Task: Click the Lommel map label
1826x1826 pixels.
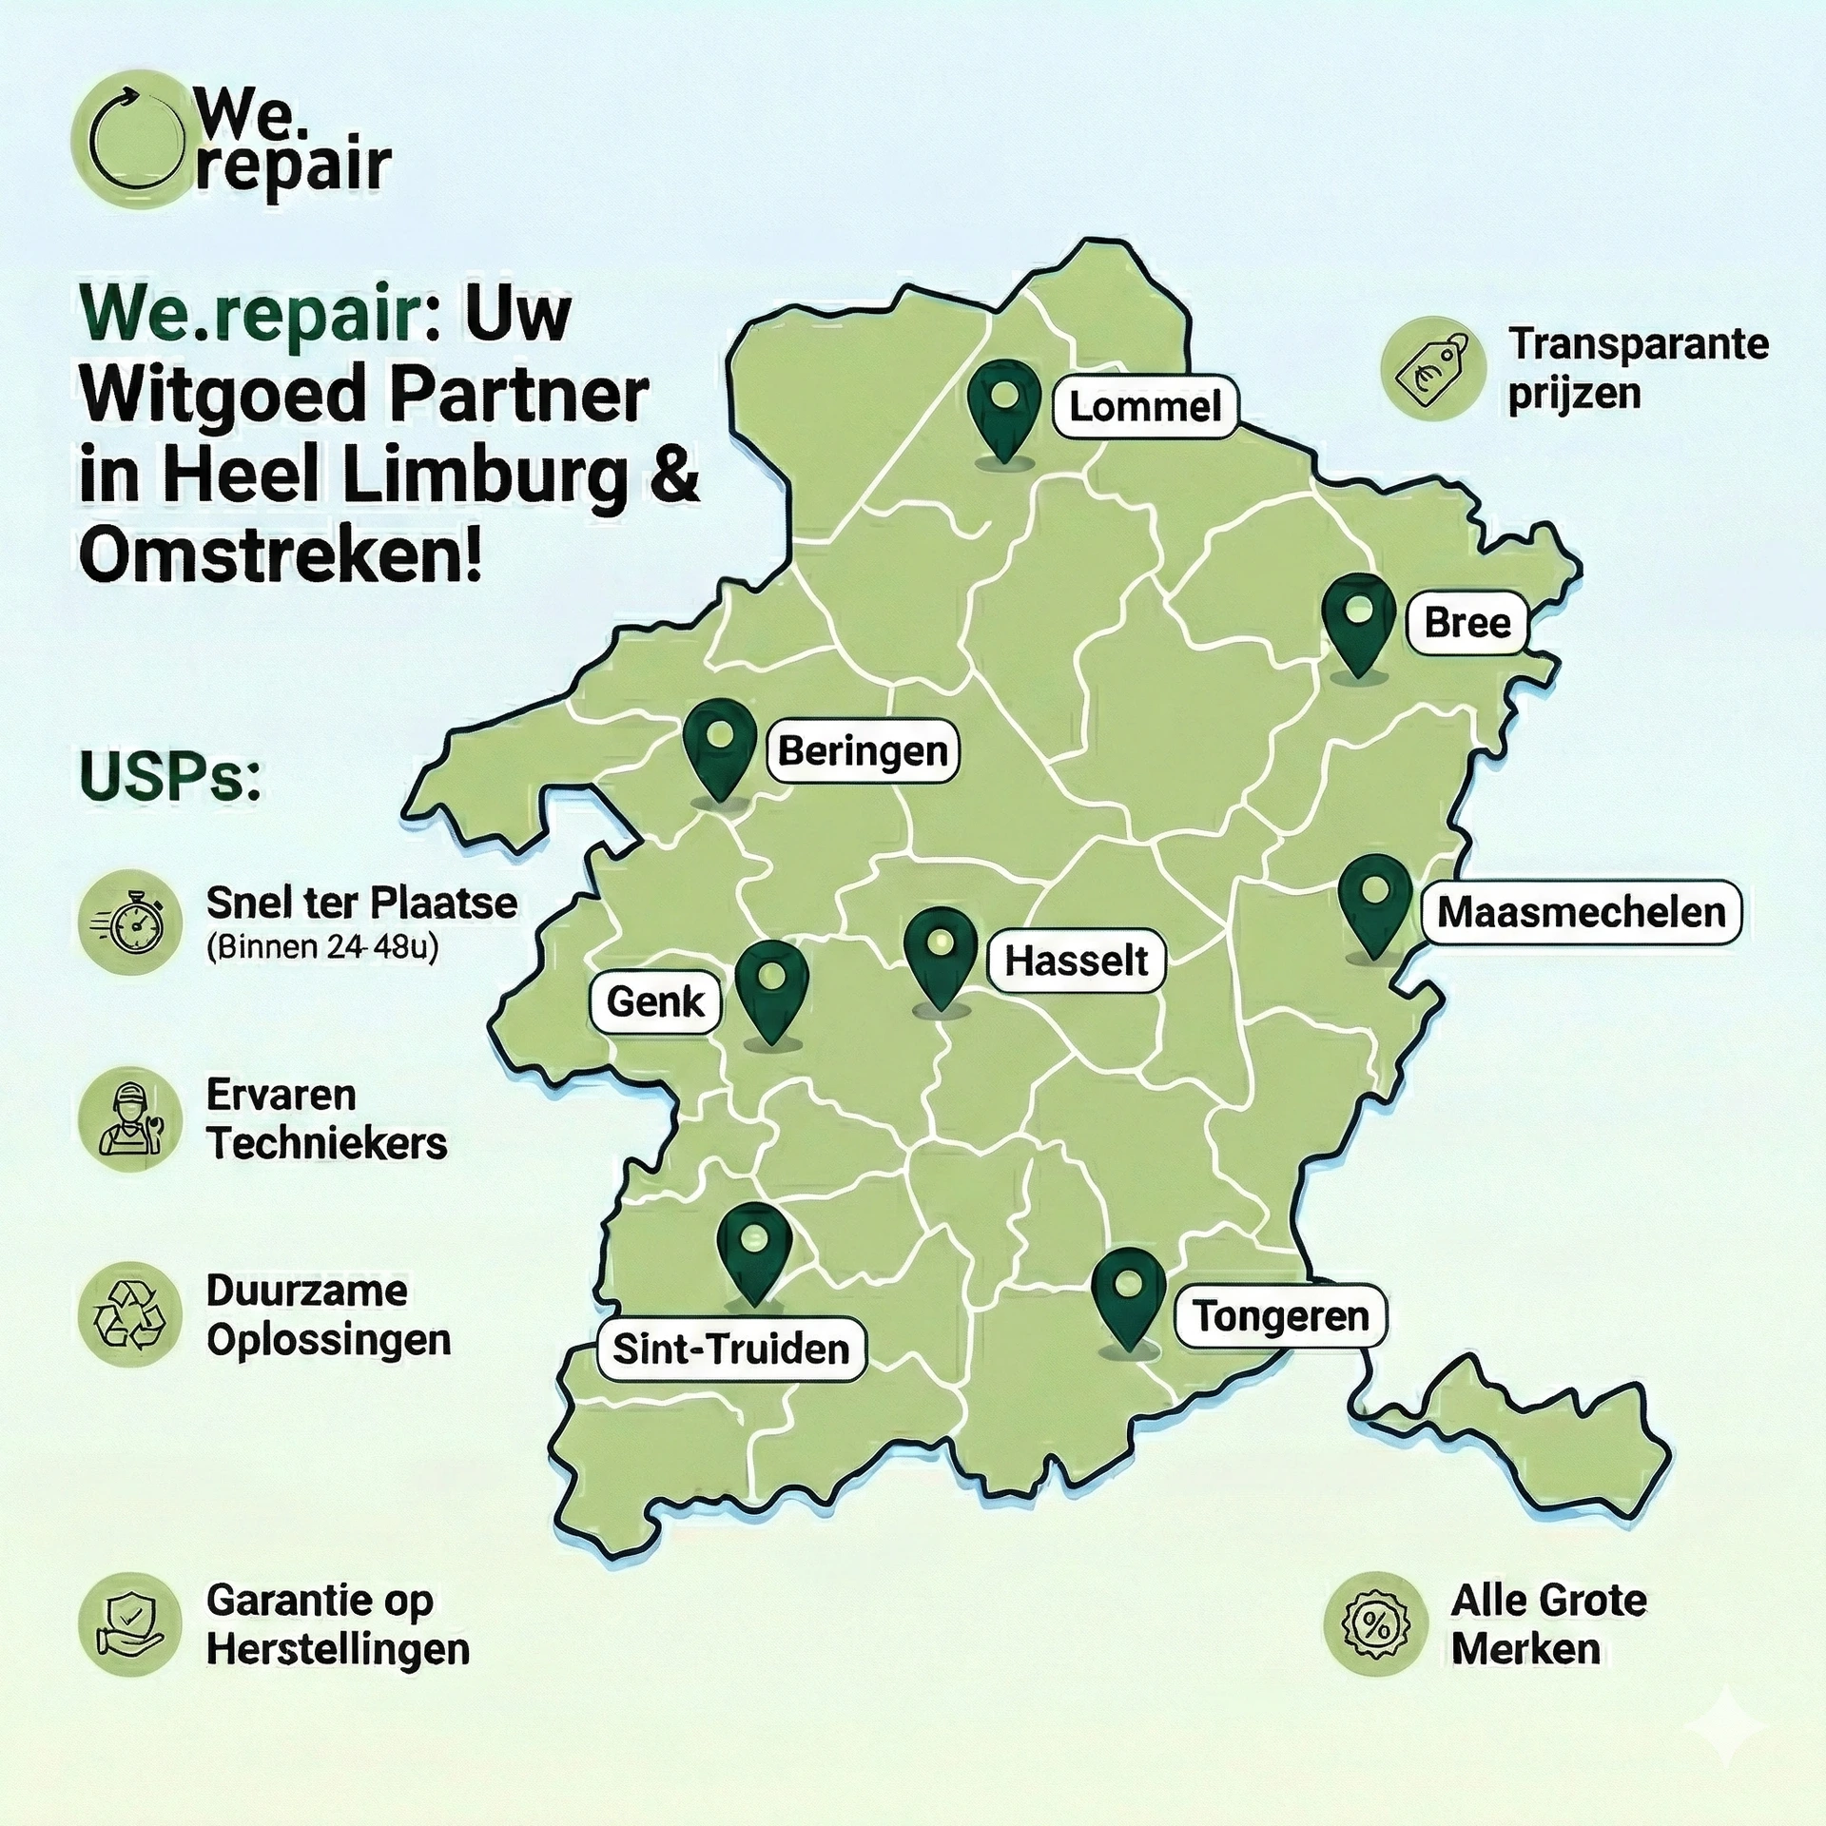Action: pos(1145,407)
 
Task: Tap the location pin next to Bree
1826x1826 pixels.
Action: pos(1359,623)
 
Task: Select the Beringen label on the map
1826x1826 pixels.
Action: pos(863,751)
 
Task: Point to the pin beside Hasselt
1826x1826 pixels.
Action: pos(941,956)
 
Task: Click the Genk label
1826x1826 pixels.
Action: pos(655,1001)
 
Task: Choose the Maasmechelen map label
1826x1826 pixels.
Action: pos(1581,912)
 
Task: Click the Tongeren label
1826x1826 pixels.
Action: pos(1280,1316)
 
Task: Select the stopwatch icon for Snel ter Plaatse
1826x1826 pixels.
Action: pos(130,923)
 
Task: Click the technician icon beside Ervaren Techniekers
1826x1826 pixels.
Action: pos(130,1119)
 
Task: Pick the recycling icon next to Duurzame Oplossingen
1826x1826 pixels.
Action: pos(130,1314)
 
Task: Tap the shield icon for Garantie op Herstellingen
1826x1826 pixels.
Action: pos(130,1623)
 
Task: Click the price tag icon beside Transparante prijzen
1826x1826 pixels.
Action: pos(1432,368)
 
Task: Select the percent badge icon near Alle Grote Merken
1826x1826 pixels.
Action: pos(1375,1623)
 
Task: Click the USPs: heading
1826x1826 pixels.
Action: pos(170,777)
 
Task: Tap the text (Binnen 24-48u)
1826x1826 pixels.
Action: pos(322,948)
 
